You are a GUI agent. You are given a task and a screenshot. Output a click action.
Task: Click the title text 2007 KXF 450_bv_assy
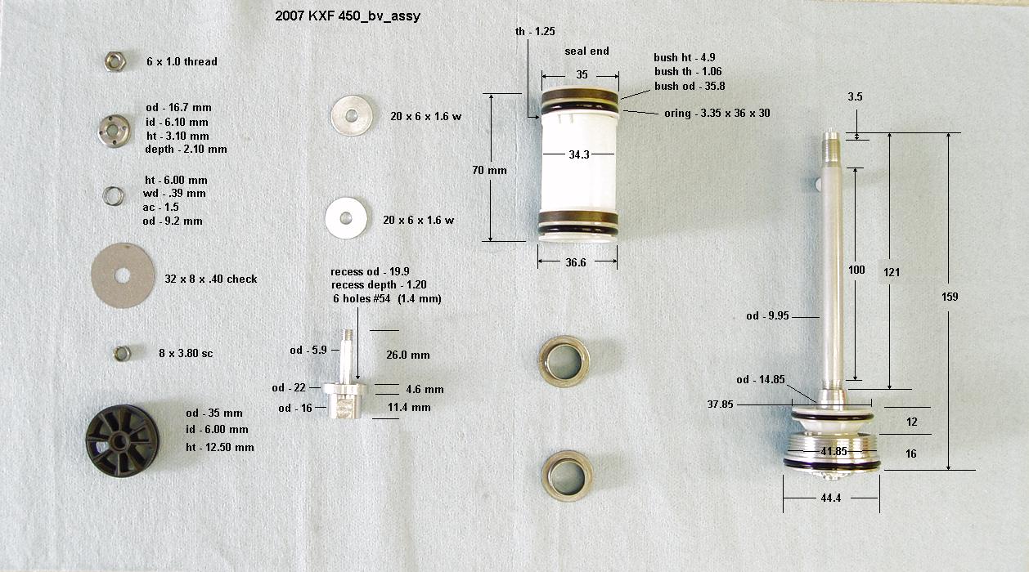(x=348, y=16)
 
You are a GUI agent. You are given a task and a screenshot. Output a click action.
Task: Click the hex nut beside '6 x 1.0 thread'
(x=115, y=61)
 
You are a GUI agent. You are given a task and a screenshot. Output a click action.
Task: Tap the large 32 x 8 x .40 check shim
(x=124, y=275)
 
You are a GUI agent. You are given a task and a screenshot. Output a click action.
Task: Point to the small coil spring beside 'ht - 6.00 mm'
(x=113, y=196)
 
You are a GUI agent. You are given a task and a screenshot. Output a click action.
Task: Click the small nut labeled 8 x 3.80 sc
(x=122, y=354)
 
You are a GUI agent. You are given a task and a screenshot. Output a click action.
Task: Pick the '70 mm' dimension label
(x=490, y=170)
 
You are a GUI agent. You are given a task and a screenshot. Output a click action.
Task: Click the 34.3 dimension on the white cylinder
(x=579, y=154)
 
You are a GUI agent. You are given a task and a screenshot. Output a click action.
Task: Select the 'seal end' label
(x=586, y=51)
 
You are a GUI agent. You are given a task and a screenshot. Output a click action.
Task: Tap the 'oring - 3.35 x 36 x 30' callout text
(x=717, y=114)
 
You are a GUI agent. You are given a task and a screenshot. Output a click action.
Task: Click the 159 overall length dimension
(x=950, y=297)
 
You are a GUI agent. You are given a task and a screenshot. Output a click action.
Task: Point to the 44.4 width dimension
(x=830, y=498)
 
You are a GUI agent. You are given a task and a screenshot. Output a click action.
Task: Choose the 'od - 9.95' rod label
(x=767, y=316)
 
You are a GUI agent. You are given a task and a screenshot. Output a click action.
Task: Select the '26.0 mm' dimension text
(x=408, y=355)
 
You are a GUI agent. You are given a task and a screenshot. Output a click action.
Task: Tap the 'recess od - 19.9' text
(x=370, y=272)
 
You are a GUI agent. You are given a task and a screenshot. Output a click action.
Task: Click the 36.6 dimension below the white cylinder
(x=576, y=262)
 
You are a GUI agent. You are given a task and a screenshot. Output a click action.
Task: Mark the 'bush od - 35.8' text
(x=690, y=86)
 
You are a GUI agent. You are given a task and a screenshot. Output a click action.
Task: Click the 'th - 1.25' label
(x=535, y=31)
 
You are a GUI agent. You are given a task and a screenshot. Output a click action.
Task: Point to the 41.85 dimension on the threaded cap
(x=834, y=451)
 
